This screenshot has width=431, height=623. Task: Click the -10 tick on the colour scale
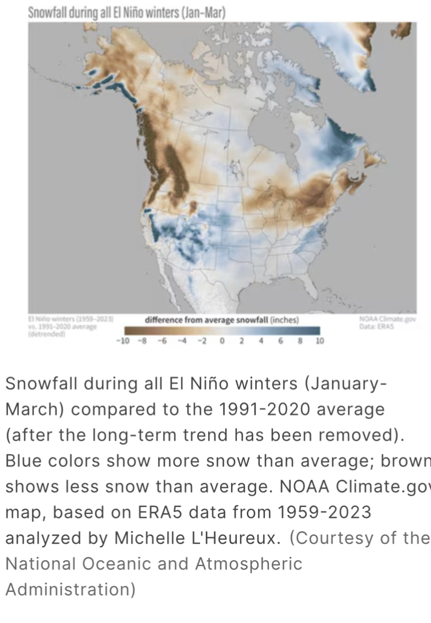click(x=133, y=341)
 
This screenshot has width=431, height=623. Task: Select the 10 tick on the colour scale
click(x=320, y=341)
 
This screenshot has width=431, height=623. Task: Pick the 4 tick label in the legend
click(x=261, y=341)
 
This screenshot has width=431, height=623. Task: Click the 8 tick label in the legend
click(x=299, y=341)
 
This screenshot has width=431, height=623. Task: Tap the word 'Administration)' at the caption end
click(x=71, y=590)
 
